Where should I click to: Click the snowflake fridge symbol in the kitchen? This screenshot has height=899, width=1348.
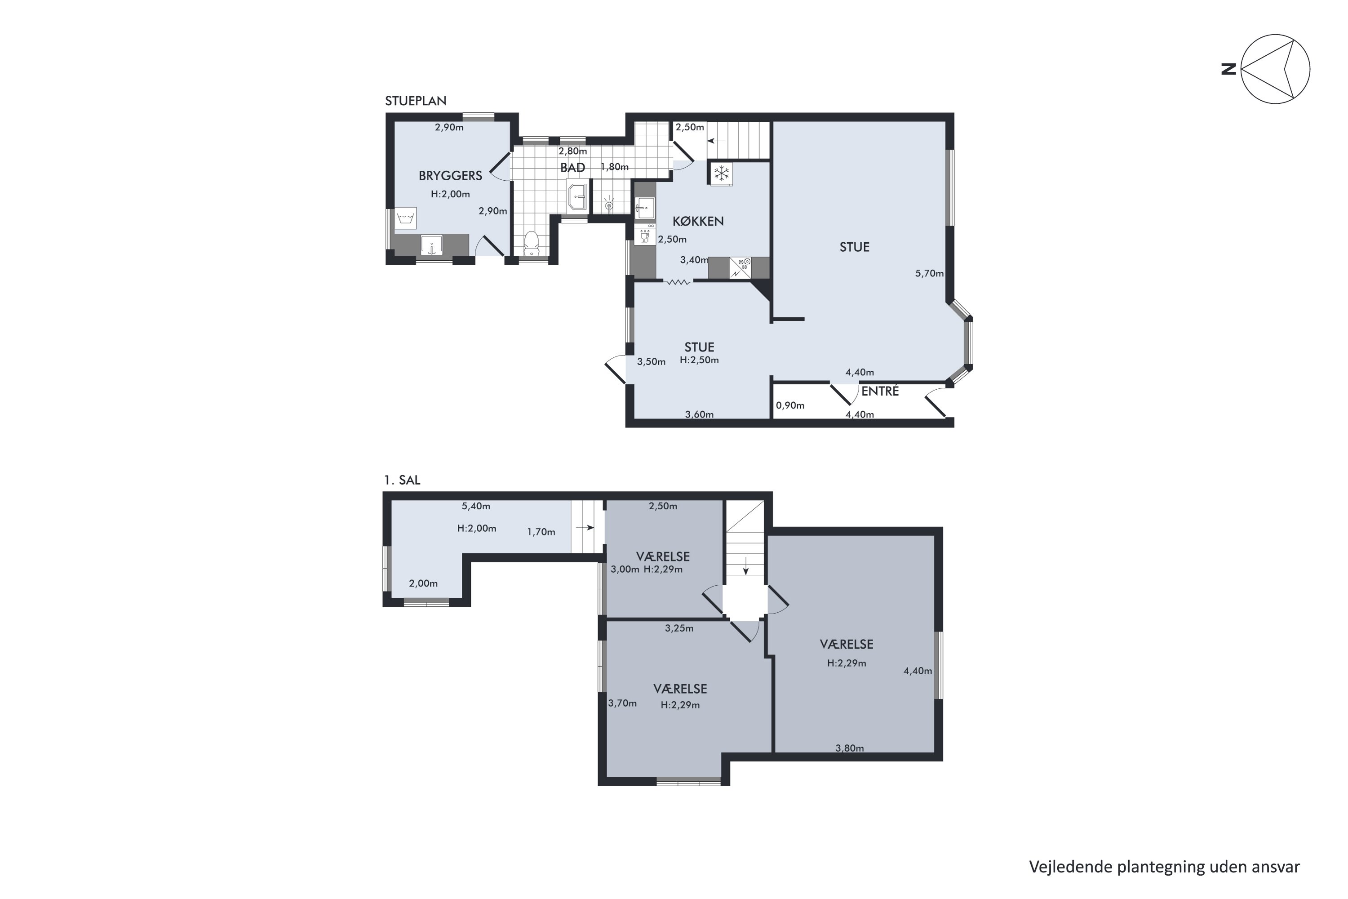[721, 173]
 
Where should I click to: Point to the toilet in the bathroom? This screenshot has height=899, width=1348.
[531, 244]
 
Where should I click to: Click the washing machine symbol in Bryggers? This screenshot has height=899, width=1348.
[405, 218]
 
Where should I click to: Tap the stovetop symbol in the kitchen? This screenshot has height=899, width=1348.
[740, 268]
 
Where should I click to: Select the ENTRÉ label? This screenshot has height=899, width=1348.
[880, 391]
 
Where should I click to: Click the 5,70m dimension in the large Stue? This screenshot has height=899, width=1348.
[929, 273]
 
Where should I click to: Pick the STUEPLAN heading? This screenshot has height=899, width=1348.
[416, 101]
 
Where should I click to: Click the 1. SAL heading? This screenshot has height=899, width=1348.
[402, 480]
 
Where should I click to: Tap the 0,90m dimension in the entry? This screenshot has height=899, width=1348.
[790, 405]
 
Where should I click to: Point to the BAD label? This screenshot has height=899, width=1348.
[572, 167]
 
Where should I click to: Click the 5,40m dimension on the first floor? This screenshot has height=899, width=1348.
[476, 506]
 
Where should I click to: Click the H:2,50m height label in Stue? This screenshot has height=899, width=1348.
[699, 360]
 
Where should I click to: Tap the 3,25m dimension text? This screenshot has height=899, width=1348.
[679, 628]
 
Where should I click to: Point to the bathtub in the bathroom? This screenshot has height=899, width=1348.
[577, 196]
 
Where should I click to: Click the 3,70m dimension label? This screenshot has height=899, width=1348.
[622, 703]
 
